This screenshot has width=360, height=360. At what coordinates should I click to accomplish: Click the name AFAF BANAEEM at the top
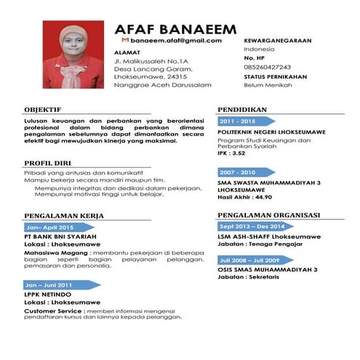pos(175,29)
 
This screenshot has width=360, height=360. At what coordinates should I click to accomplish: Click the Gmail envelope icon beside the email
pos(124,41)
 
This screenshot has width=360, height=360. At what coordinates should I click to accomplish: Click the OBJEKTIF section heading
pos(43,109)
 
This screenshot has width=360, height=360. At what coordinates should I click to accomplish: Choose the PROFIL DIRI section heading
pos(49,163)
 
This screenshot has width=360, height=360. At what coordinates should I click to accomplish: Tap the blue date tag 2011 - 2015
pos(239,121)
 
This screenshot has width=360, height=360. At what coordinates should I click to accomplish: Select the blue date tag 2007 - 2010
pos(239,172)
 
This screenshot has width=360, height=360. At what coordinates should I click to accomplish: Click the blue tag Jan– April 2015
pos(52,228)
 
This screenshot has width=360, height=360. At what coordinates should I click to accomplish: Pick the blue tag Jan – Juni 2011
pos(52,284)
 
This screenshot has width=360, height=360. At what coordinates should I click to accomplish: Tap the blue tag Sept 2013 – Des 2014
pos(250,226)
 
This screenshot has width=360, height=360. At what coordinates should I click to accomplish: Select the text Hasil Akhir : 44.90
pos(244,196)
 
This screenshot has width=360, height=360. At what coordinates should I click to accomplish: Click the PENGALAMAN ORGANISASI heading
pos(268,215)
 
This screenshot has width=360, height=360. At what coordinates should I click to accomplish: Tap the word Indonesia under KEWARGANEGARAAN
pos(260,48)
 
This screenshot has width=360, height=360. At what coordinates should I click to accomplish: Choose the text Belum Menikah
pos(268,85)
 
